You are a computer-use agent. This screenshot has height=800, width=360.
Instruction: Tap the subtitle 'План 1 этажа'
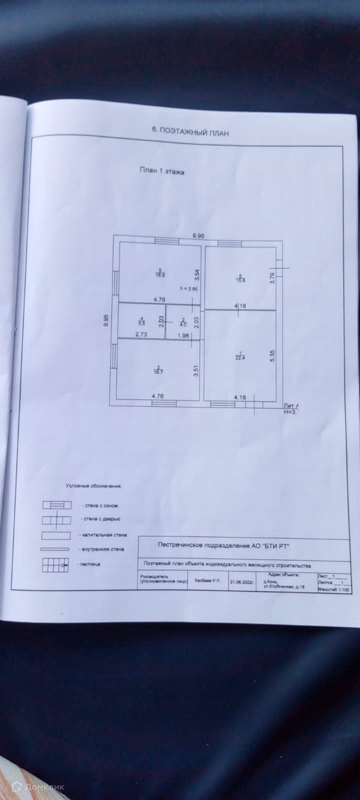161,171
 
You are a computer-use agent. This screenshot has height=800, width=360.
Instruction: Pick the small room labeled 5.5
141,321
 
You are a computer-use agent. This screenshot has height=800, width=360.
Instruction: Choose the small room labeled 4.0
183,321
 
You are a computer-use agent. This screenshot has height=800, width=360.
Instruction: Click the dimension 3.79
272,277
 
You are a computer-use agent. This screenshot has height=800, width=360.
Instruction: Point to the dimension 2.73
141,335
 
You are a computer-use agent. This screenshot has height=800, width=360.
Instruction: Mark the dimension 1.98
183,335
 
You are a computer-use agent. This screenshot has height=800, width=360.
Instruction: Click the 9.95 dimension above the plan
199,235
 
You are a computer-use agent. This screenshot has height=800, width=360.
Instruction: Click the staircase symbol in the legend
55,564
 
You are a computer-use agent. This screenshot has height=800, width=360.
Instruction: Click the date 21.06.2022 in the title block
242,582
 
